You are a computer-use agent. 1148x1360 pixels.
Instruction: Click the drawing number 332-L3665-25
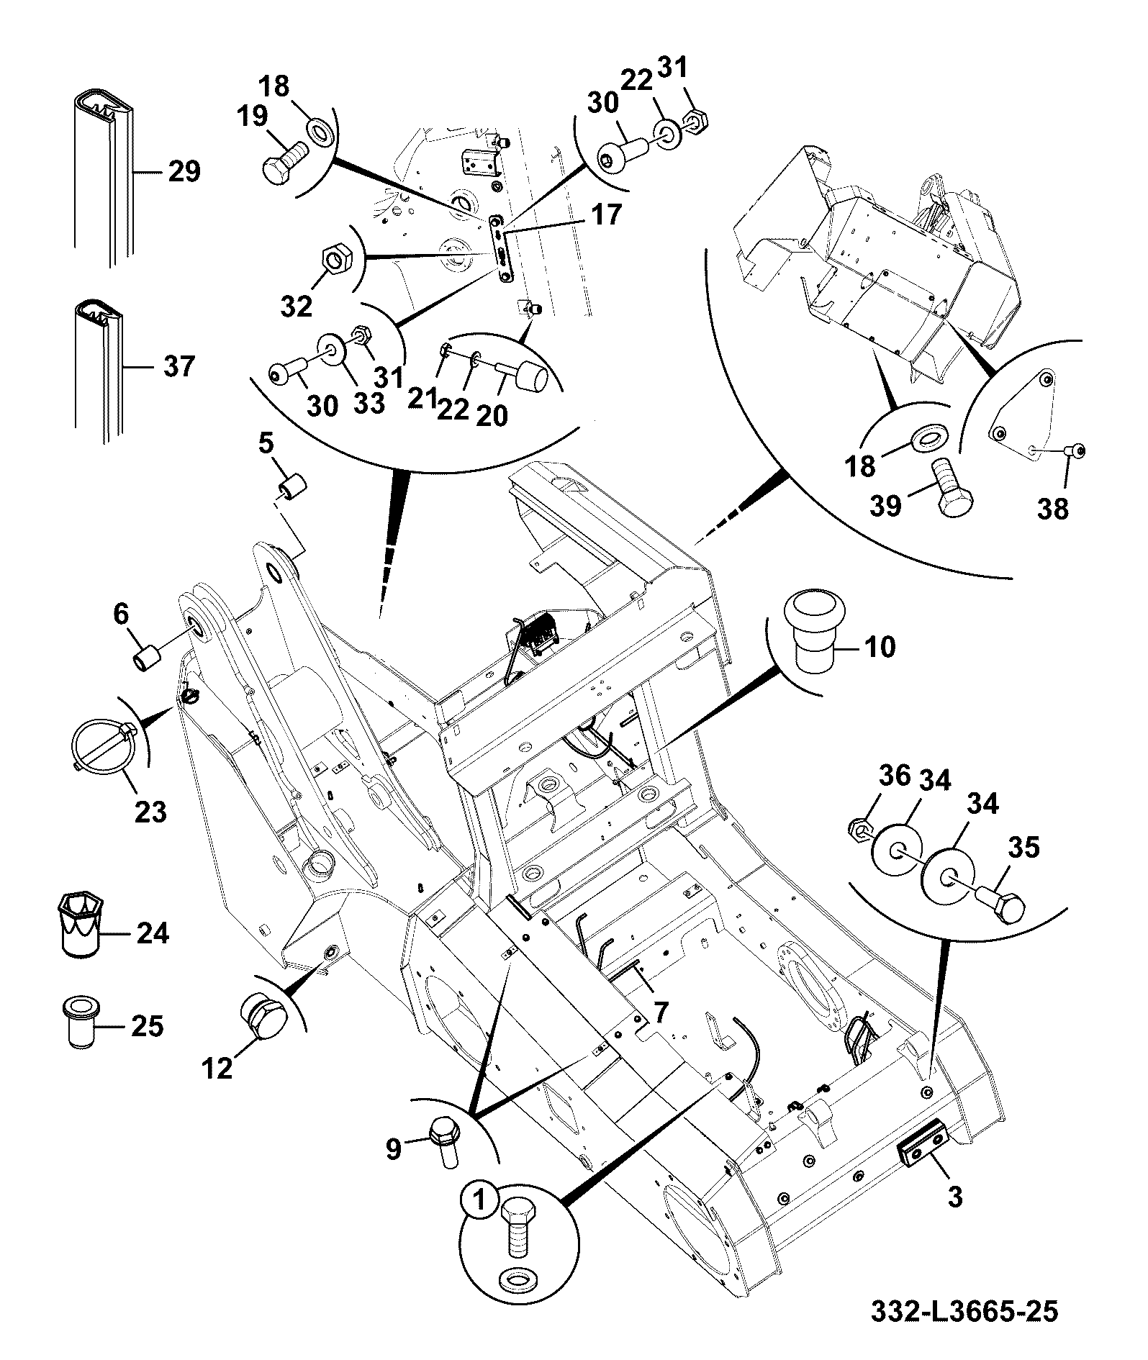tap(964, 1311)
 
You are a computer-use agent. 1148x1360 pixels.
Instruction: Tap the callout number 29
tap(184, 172)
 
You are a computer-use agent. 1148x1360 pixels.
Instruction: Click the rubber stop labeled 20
tap(523, 373)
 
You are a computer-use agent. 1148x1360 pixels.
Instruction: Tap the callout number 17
tap(605, 214)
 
